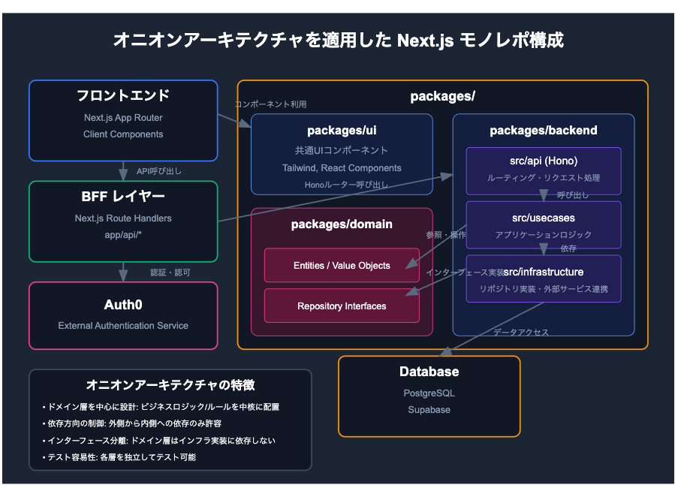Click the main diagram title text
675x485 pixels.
coord(338,40)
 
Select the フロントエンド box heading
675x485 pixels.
coord(123,96)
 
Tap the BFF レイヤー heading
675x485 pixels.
coord(123,197)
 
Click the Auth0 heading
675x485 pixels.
coord(123,305)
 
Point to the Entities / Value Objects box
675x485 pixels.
coord(342,266)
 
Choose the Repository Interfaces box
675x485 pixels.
coord(342,306)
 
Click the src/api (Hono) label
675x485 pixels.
coord(543,161)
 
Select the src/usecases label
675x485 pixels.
coord(543,218)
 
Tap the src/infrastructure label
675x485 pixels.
coord(544,272)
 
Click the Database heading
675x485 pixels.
coord(429,372)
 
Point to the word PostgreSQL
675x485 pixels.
coord(429,393)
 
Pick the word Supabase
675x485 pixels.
coord(429,410)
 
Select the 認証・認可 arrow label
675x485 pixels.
coord(170,273)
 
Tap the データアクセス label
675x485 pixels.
coord(521,332)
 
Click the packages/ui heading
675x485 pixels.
coord(342,131)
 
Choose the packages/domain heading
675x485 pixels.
coord(342,224)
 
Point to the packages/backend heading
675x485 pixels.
coord(543,131)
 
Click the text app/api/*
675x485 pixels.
coord(123,234)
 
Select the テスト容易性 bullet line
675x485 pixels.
coord(119,457)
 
